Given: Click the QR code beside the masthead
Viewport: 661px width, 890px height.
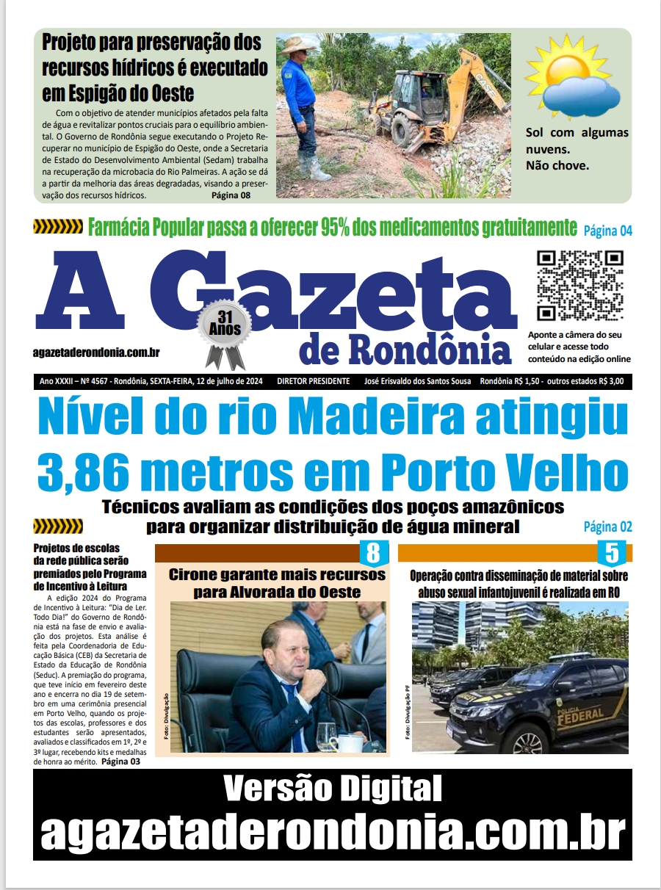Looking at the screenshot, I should [580, 286].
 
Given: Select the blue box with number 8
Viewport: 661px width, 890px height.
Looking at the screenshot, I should [373, 552].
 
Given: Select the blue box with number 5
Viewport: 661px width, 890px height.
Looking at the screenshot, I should [611, 552].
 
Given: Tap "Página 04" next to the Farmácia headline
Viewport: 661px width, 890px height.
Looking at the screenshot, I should [607, 231].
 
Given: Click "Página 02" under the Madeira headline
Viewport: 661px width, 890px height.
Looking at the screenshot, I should [607, 527].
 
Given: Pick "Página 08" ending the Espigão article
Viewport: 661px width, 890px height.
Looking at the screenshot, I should [231, 195].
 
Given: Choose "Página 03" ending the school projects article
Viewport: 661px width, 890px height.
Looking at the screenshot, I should [120, 762].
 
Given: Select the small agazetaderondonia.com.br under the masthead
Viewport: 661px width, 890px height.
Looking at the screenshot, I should [96, 352].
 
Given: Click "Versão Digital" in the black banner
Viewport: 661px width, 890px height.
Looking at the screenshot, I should [332, 789].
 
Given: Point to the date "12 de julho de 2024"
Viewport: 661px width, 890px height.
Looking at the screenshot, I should [224, 382].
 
